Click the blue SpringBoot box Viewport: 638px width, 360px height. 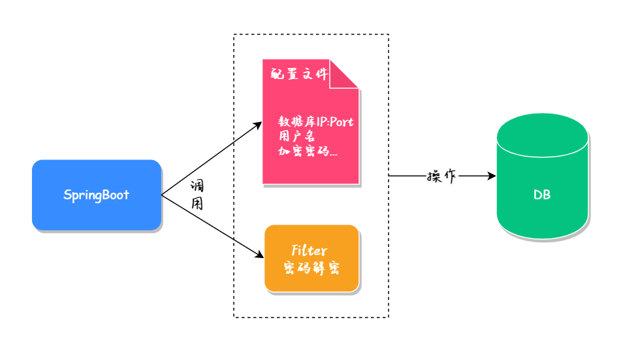tap(97, 195)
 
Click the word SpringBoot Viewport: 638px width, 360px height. tap(97, 195)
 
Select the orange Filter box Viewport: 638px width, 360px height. tap(311, 257)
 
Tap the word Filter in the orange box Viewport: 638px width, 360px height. tap(309, 250)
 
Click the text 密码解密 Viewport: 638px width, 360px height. tap(311, 268)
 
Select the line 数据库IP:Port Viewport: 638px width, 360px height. tap(317, 122)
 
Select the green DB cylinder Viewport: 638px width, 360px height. tap(542, 189)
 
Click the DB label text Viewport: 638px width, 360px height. tap(542, 195)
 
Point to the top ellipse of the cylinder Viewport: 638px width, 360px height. tap(542, 127)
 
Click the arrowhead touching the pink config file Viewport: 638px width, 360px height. tap(257, 123)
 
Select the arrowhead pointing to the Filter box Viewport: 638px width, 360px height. tap(258, 255)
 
